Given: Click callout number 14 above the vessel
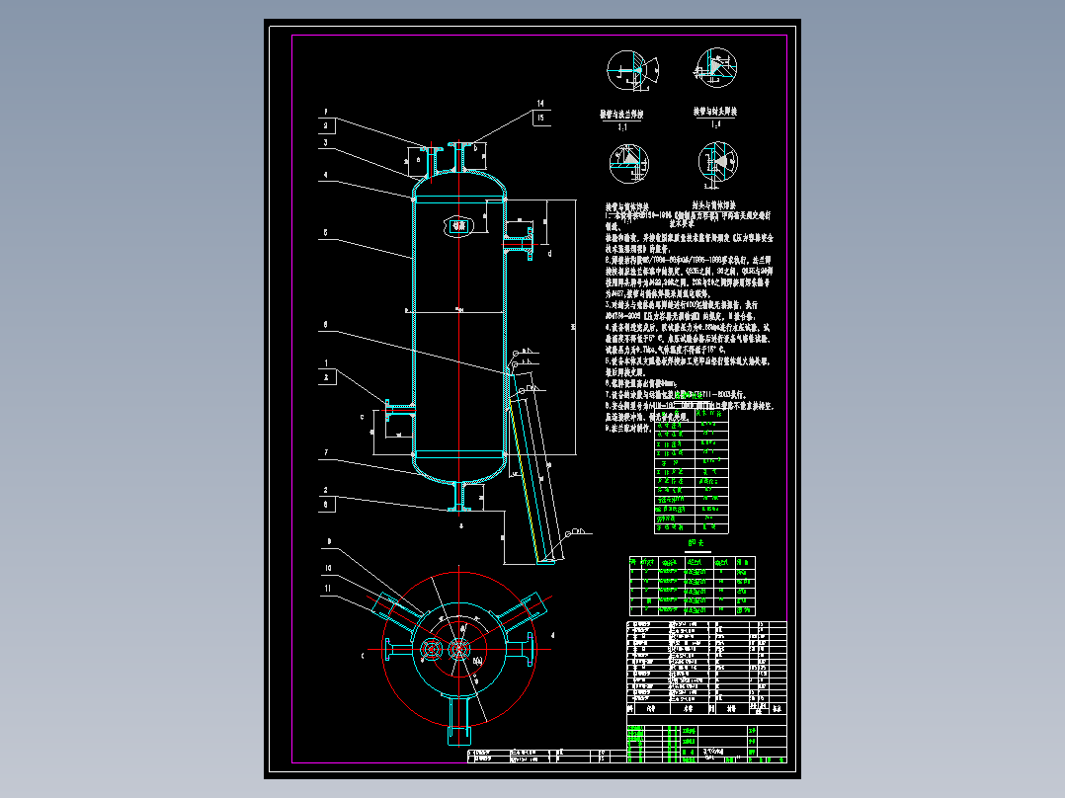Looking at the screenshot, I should pyautogui.click(x=540, y=103).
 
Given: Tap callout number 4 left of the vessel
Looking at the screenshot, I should pyautogui.click(x=324, y=175).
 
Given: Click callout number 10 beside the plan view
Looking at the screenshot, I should pyautogui.click(x=327, y=568).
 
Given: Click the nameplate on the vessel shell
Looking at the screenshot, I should pyautogui.click(x=458, y=225).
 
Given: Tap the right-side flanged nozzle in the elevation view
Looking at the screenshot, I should pyautogui.click(x=520, y=237).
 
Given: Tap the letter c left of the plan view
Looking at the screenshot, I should pyautogui.click(x=364, y=654).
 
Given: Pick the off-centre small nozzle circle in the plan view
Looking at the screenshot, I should pyautogui.click(x=431, y=649).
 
